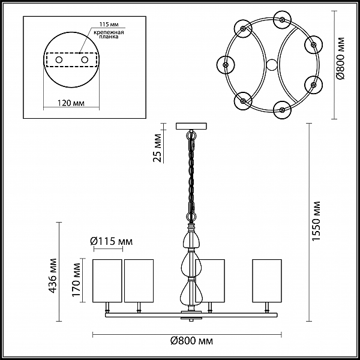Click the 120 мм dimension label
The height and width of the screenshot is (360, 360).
(x=71, y=103)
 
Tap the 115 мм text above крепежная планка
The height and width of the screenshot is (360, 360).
(x=109, y=25)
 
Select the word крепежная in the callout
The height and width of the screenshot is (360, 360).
(x=109, y=32)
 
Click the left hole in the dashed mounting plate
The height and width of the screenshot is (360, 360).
(x=59, y=60)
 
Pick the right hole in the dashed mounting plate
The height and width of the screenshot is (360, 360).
(x=85, y=60)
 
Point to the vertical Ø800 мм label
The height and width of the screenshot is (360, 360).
(x=341, y=58)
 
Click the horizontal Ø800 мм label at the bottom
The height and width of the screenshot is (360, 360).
(x=191, y=341)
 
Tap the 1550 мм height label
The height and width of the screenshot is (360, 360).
(x=316, y=221)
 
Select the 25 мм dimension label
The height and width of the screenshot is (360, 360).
(x=157, y=148)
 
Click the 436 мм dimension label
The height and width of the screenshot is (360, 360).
(x=53, y=275)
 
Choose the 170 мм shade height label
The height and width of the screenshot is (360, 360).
(x=76, y=280)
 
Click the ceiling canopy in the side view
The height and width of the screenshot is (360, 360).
(x=191, y=126)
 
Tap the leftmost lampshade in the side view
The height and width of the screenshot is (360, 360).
(x=107, y=281)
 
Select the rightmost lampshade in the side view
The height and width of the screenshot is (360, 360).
(x=267, y=281)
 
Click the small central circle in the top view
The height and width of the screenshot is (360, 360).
(x=272, y=65)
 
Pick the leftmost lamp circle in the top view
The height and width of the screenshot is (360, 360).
(x=226, y=65)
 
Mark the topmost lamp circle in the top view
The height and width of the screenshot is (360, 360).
(x=283, y=20)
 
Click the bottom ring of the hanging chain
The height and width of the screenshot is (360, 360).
(x=191, y=217)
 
